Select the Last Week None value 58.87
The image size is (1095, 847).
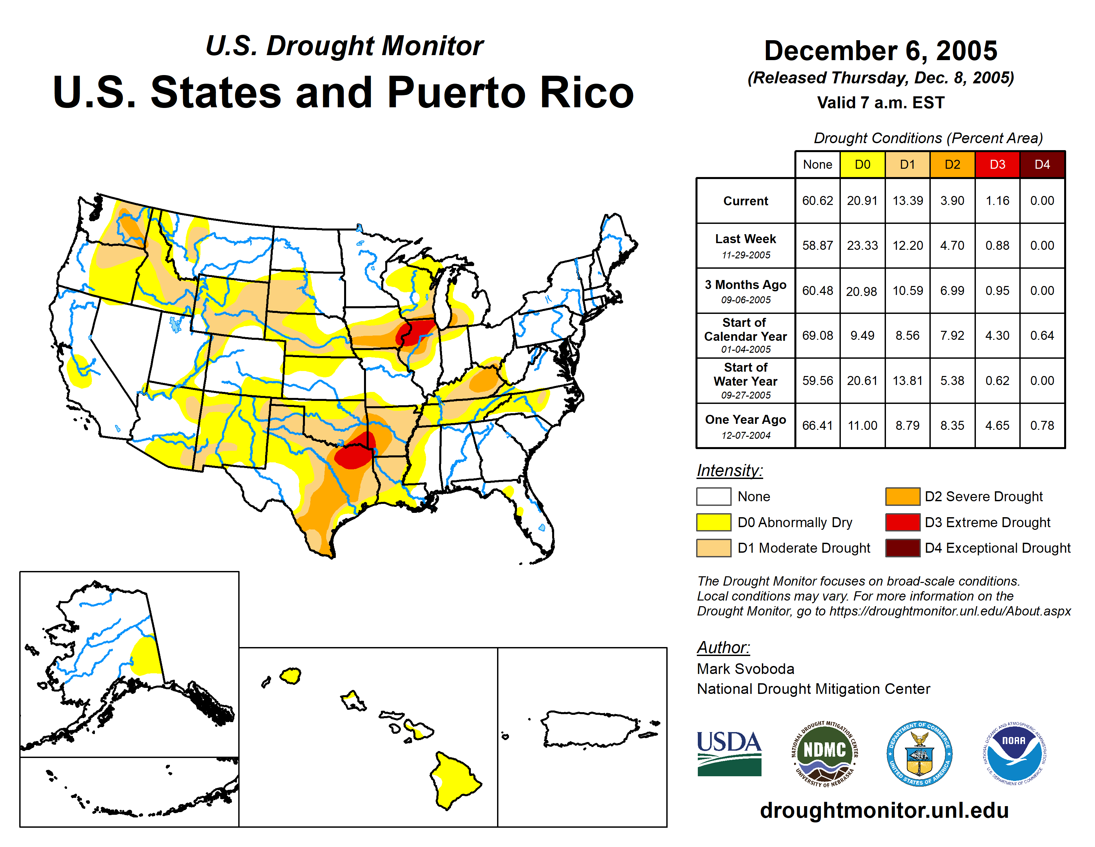817,245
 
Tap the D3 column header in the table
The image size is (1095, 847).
997,164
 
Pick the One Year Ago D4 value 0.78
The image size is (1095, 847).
1042,425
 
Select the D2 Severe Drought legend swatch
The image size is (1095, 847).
902,496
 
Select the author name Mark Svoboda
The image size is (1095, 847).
745,669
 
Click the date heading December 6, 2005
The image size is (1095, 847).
880,51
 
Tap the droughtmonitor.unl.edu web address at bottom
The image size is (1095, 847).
884,810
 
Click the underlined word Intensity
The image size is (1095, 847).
729,471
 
